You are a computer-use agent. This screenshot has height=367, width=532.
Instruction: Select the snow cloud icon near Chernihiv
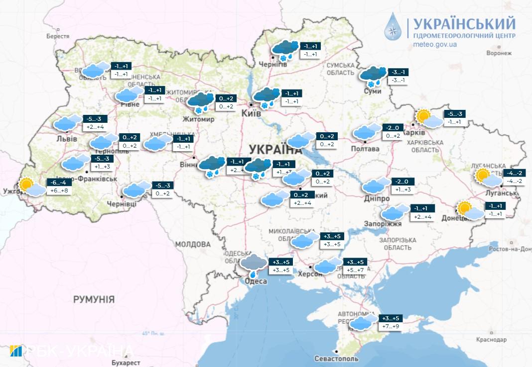point(285,50)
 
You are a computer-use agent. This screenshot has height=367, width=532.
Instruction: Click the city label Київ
point(251,114)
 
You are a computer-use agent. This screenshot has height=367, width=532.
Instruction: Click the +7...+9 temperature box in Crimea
point(391,327)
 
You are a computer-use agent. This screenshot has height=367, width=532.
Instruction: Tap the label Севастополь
point(336,359)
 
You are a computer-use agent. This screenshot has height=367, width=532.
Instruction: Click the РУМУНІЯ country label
point(94,299)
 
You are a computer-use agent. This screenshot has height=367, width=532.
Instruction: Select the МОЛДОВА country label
point(193,244)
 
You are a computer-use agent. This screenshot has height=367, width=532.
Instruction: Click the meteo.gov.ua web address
point(435,44)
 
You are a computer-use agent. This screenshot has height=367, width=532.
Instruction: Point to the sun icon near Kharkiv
point(424,117)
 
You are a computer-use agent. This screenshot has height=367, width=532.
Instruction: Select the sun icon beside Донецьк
point(465,208)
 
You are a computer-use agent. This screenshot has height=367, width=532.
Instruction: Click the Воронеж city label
point(499,53)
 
